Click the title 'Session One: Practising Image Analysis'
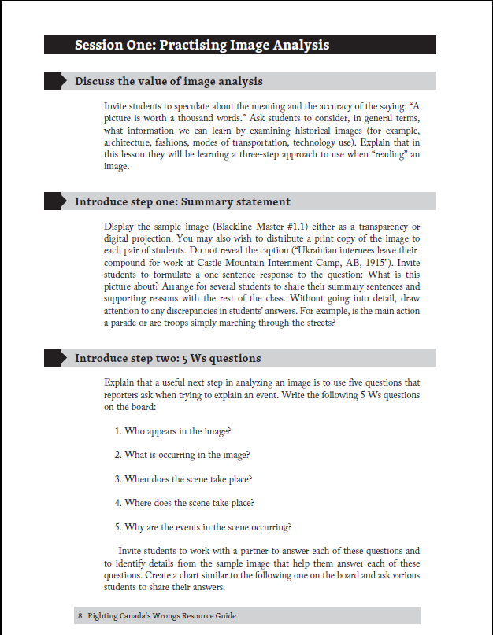coord(202,45)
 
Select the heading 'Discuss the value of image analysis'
coord(169,81)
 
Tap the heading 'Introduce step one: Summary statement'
coord(182,201)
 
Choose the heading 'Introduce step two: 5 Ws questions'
coord(168,358)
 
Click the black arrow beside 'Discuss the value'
coord(55,81)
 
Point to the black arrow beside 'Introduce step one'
coord(55,201)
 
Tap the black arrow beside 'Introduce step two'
coord(55,358)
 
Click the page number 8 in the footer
coord(80,615)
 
